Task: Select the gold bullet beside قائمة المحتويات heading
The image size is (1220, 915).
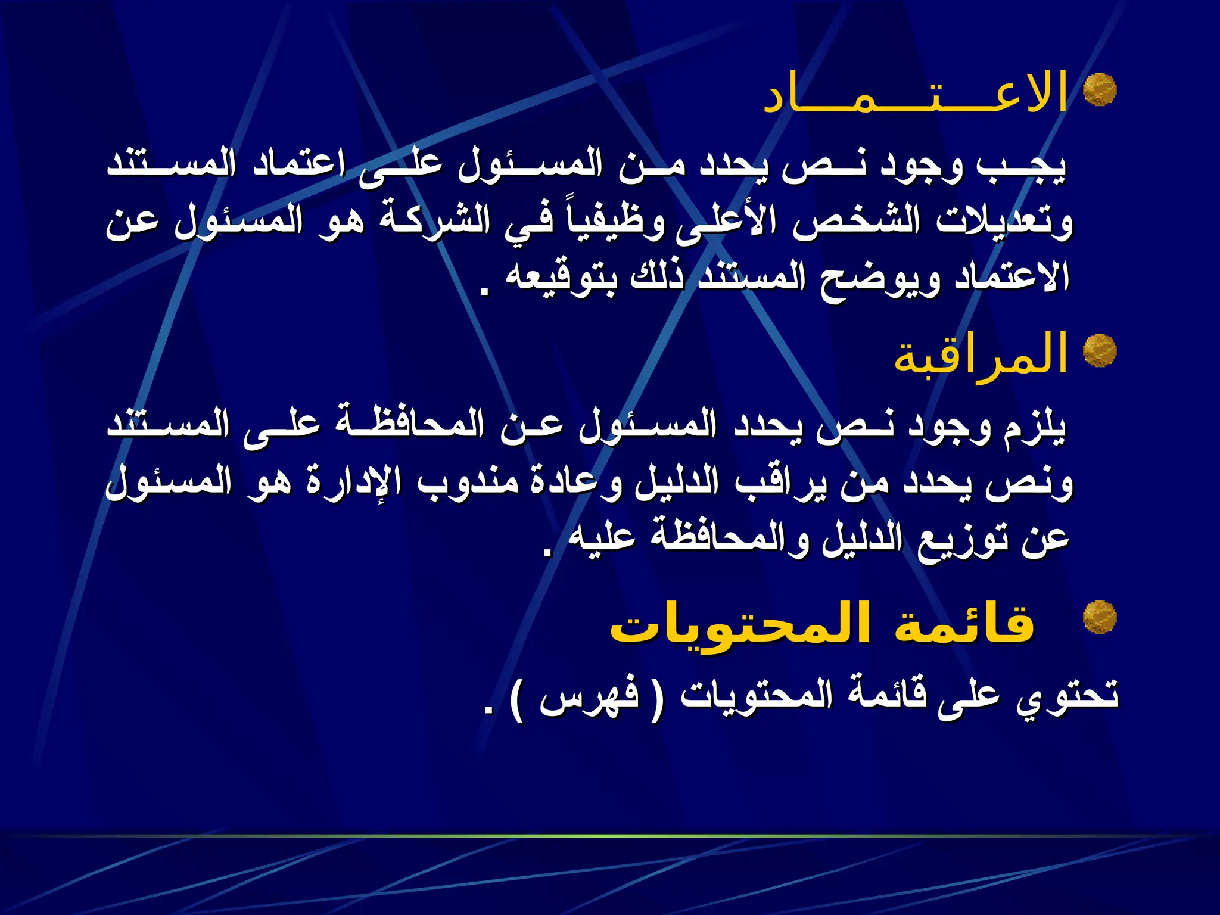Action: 1099,617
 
